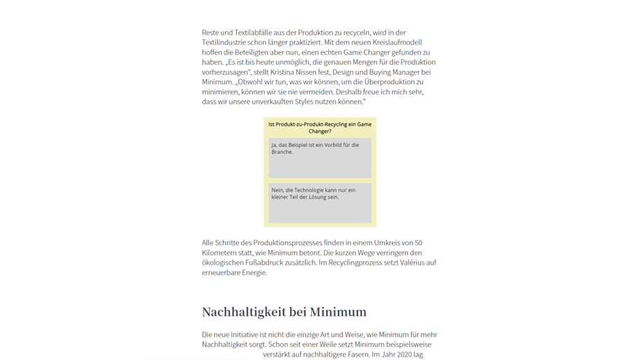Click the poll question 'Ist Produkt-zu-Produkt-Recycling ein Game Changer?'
(319, 127)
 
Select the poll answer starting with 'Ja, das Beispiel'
(319, 157)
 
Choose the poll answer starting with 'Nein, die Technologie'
(319, 202)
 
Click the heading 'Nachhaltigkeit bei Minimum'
(284, 312)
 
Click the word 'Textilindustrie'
(225, 42)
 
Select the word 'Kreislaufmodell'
(407, 42)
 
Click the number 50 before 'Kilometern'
(418, 243)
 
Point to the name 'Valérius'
(413, 263)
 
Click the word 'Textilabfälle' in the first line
(254, 33)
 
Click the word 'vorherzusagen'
(225, 72)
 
